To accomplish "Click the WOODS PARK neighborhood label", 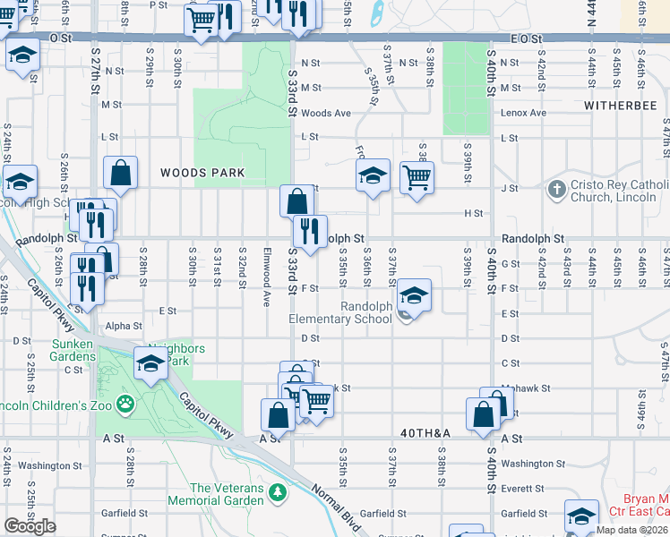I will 202,172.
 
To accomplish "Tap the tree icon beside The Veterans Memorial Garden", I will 279,492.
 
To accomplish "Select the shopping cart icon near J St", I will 417,177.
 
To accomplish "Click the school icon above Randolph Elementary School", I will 414,294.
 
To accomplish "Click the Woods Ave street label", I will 326,114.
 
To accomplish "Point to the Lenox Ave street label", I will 523,114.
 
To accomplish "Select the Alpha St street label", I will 124,327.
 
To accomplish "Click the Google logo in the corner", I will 30,526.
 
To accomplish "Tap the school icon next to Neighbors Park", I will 150,364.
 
